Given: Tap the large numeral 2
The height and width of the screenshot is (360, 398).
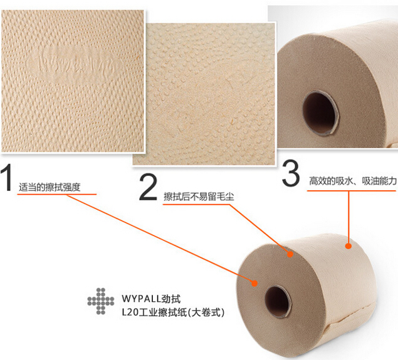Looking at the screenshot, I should tap(148, 187).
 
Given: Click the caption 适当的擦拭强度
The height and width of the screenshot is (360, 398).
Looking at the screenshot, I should tap(50, 186).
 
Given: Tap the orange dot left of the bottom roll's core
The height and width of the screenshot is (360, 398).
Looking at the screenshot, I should tap(255, 283).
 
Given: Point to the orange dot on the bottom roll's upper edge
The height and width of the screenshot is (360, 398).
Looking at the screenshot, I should tap(290, 255).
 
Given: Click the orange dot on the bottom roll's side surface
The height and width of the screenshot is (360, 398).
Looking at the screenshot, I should tap(348, 246).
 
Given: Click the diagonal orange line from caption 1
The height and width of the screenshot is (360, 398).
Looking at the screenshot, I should tap(157, 238).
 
